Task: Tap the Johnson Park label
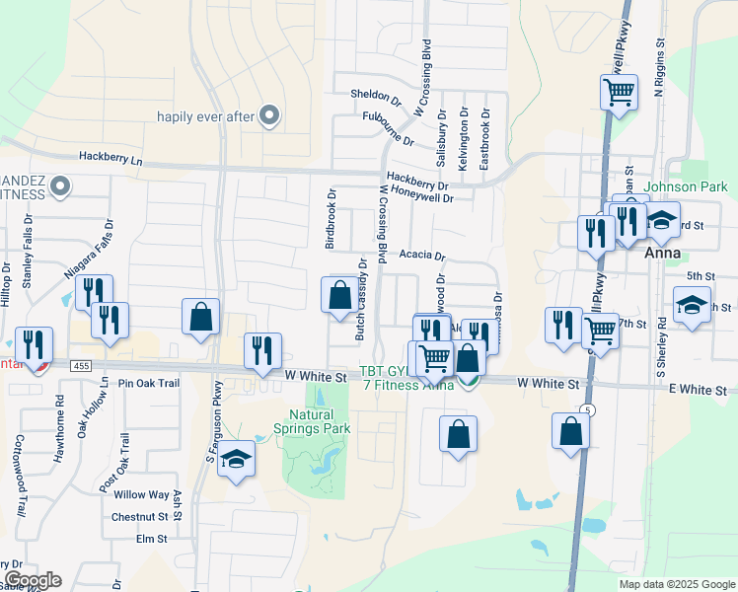(685, 186)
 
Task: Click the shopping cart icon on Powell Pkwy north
(618, 93)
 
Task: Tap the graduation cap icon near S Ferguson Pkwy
(235, 459)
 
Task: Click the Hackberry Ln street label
(111, 158)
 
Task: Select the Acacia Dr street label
(422, 255)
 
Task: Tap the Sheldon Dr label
(376, 97)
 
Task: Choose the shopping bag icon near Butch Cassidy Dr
(339, 294)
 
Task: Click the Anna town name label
(659, 254)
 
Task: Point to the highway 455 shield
(83, 365)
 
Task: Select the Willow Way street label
(141, 495)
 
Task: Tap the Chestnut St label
(139, 517)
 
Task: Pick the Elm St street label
(152, 539)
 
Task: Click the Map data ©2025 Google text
(677, 584)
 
